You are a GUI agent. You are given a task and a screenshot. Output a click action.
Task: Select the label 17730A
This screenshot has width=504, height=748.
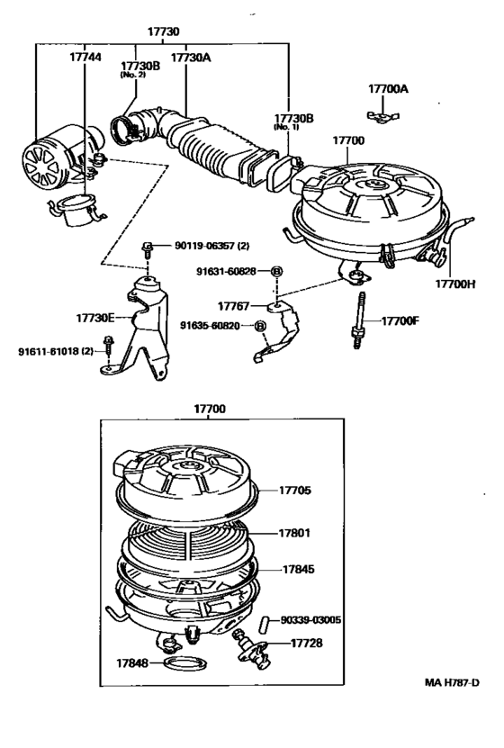coord(191,56)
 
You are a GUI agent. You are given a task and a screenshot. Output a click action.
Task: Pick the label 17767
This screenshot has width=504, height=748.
coord(240,307)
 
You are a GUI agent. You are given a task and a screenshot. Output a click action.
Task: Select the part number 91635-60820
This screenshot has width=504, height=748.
coord(215,326)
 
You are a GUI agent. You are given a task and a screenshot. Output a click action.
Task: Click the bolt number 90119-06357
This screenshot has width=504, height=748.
coord(200,245)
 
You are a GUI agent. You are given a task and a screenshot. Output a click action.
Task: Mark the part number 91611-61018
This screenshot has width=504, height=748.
coord(57,352)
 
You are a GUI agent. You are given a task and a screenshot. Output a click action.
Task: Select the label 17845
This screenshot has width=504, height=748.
coord(301,569)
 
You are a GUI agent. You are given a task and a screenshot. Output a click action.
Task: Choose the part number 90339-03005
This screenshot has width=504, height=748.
coord(310,619)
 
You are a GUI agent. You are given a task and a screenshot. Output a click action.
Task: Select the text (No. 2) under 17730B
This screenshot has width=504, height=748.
coord(133,75)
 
